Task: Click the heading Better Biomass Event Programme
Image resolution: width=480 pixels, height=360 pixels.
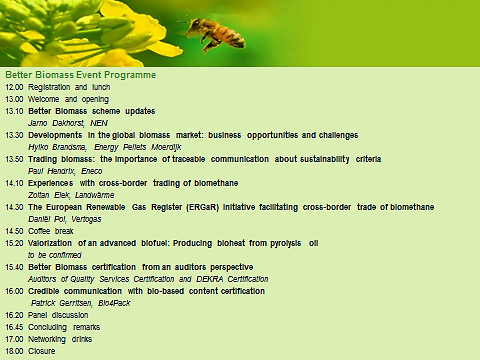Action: pyautogui.click(x=81, y=75)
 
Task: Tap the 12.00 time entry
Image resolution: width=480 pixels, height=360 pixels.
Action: pyautogui.click(x=14, y=87)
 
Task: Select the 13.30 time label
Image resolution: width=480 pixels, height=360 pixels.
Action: pyautogui.click(x=14, y=135)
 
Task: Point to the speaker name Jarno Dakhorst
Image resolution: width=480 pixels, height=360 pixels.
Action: pyautogui.click(x=56, y=123)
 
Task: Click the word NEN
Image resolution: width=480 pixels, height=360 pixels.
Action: pyautogui.click(x=99, y=123)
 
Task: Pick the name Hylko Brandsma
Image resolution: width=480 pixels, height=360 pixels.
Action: pyautogui.click(x=58, y=147)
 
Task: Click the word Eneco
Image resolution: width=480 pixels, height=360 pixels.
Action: pyautogui.click(x=92, y=171)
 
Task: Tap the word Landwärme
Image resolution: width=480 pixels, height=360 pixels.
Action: pyautogui.click(x=95, y=195)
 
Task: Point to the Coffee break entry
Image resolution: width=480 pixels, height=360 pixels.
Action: pyautogui.click(x=51, y=231)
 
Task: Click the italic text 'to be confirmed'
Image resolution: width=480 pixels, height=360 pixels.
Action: pyautogui.click(x=55, y=255)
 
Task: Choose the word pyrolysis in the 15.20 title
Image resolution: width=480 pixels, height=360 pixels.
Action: pyautogui.click(x=286, y=244)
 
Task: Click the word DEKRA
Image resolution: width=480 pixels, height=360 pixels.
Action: pyautogui.click(x=209, y=279)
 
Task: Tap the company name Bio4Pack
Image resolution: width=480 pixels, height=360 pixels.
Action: pyautogui.click(x=114, y=303)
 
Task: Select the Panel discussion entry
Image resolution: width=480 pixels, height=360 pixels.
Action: pyautogui.click(x=58, y=315)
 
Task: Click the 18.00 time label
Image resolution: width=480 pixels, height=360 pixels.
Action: pyautogui.click(x=14, y=351)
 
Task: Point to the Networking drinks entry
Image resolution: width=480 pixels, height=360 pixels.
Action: pyautogui.click(x=60, y=339)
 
